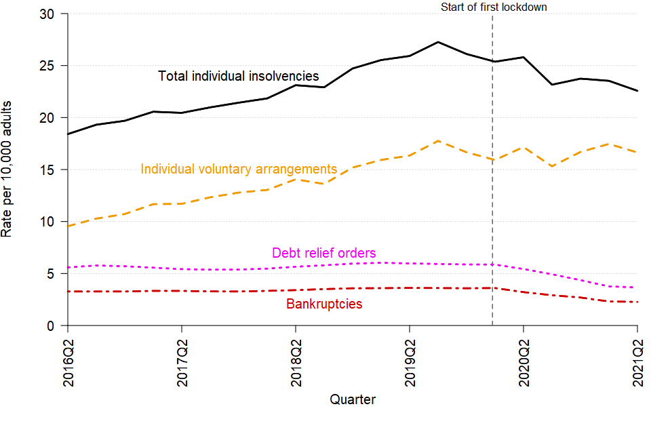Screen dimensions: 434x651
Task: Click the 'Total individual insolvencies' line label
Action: click(x=238, y=76)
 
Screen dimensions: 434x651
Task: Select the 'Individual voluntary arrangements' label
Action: click(x=239, y=169)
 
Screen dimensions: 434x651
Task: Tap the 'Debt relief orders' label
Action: click(x=323, y=253)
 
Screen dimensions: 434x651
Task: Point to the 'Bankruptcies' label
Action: click(x=324, y=304)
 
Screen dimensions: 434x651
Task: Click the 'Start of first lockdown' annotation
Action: click(x=493, y=7)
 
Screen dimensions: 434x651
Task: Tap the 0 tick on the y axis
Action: click(x=54, y=325)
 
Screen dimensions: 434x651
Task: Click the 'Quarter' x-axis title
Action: click(x=353, y=400)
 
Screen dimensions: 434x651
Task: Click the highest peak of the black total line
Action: click(x=438, y=42)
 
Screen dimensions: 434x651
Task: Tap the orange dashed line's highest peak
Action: click(x=438, y=141)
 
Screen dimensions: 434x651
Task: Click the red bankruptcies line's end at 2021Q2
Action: click(x=637, y=302)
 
